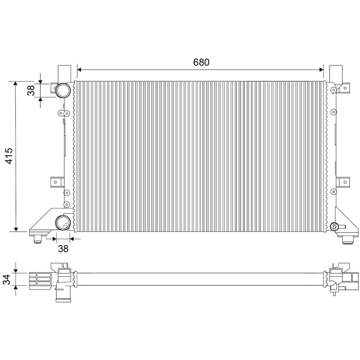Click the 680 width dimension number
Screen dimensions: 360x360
click(x=201, y=63)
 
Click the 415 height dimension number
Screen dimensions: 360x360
click(x=9, y=156)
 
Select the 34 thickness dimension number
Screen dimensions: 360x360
click(x=7, y=279)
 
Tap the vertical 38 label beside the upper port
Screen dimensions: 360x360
click(x=31, y=90)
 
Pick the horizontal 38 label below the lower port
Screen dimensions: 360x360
click(x=63, y=248)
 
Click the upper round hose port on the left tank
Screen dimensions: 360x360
click(x=63, y=90)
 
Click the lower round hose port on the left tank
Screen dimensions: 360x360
click(x=63, y=223)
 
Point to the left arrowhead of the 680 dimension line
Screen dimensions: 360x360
click(x=80, y=70)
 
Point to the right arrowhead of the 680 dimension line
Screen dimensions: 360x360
click(x=321, y=70)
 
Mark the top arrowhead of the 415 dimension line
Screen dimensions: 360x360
click(x=16, y=84)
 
